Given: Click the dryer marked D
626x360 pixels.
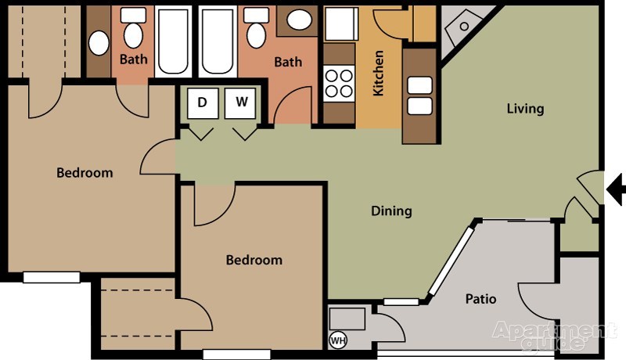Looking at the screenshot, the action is click(x=203, y=103).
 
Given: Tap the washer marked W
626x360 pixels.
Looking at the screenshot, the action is click(x=240, y=103).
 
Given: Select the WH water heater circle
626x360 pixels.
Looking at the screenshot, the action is click(x=338, y=340).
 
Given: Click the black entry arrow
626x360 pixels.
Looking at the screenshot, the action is click(x=615, y=189).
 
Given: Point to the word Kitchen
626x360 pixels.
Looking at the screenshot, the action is click(x=378, y=73).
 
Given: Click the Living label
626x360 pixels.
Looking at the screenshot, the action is click(x=525, y=109).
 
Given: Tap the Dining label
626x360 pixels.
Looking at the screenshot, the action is click(x=391, y=211).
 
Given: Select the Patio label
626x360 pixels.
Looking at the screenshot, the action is click(x=480, y=298).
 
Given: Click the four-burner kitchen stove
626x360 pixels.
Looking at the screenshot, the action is click(x=339, y=84).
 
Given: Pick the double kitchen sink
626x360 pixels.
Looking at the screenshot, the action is click(x=419, y=95).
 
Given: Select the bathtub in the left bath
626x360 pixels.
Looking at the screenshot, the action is click(x=173, y=41).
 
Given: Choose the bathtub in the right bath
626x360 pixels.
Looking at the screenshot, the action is click(x=218, y=41).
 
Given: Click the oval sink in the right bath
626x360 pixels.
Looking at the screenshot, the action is click(x=299, y=20).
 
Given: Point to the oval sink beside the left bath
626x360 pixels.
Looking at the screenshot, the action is click(x=99, y=43).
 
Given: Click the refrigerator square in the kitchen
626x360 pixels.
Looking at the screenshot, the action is click(x=341, y=24).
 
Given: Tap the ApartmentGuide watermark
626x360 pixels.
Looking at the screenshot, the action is click(x=554, y=335).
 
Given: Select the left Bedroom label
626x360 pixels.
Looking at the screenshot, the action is click(x=85, y=173).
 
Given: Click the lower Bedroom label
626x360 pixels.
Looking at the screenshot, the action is click(x=254, y=261).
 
